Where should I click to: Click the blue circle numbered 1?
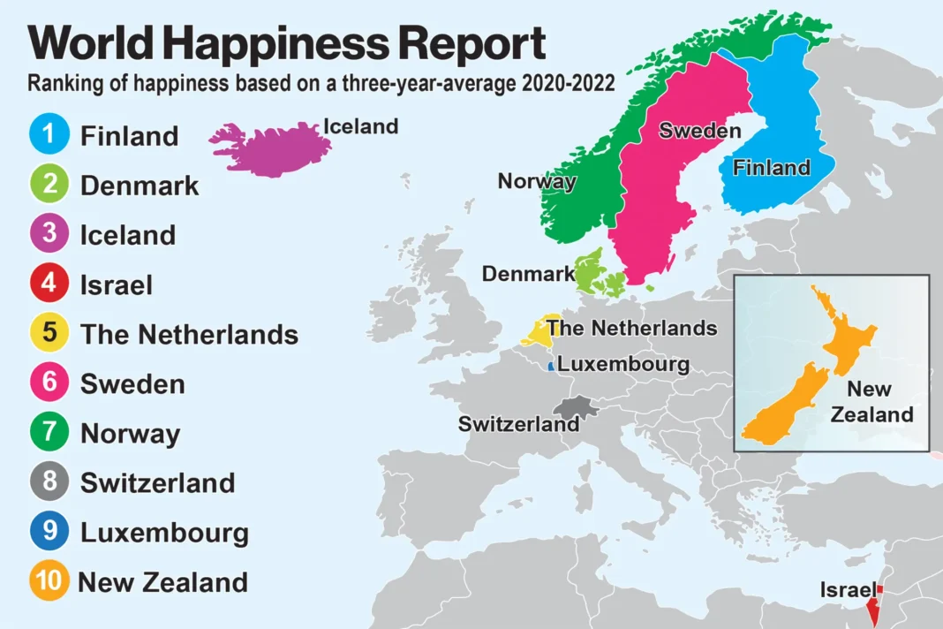(49, 135)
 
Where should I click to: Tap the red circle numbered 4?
(49, 284)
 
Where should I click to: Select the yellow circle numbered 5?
(49, 334)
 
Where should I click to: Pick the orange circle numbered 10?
(49, 582)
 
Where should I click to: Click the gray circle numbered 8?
(49, 482)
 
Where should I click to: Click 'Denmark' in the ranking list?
(140, 186)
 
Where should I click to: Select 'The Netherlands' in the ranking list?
(189, 335)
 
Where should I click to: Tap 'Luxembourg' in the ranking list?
(164, 533)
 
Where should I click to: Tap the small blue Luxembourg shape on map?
(551, 365)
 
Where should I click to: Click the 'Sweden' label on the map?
(699, 132)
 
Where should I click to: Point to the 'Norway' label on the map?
(537, 181)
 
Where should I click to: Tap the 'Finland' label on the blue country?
(771, 167)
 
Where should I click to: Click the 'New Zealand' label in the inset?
(871, 402)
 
